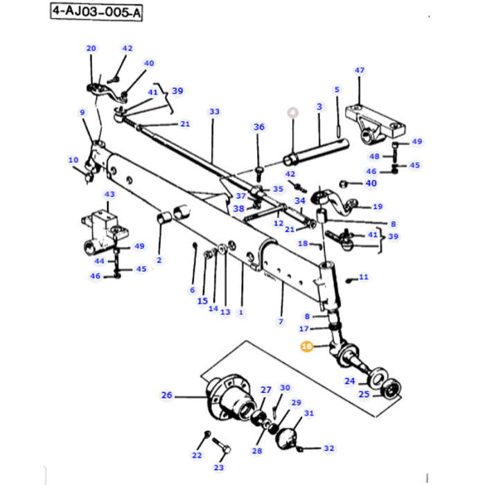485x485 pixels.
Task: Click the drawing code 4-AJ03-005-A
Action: [x=96, y=12]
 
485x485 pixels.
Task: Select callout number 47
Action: [x=360, y=71]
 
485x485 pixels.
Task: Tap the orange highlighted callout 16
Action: [x=307, y=346]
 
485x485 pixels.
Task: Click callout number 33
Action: [x=214, y=112]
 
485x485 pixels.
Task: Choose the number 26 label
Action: [x=166, y=396]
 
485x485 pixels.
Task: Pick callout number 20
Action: [x=91, y=48]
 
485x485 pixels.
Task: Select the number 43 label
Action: [x=109, y=195]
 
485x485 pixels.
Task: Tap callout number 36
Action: [x=258, y=127]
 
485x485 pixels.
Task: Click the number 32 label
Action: [x=328, y=448]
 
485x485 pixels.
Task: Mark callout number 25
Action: [x=364, y=394]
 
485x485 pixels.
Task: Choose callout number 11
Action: [x=364, y=277]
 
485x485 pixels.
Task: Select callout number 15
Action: [x=202, y=301]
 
